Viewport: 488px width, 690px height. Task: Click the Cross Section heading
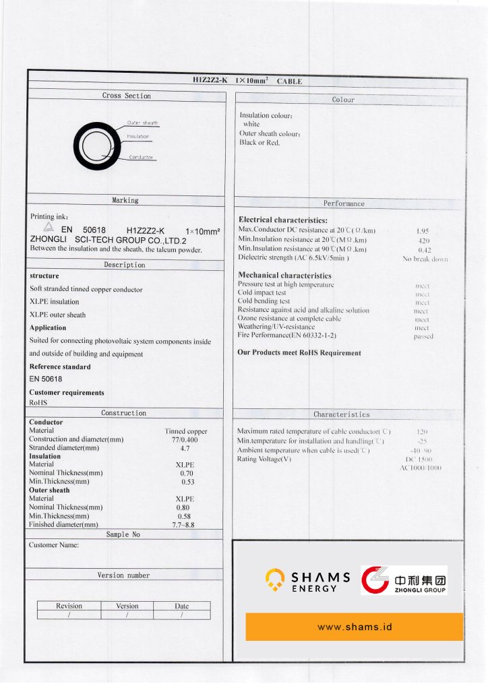(127, 96)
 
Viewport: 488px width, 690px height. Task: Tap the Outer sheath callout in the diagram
(142, 123)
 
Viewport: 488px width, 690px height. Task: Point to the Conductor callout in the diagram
(142, 158)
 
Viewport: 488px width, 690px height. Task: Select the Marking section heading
(125, 200)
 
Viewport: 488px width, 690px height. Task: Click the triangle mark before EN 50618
(48, 229)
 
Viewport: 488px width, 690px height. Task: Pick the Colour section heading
(343, 100)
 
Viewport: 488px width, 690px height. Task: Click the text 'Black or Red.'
(260, 143)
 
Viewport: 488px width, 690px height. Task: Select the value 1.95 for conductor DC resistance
(423, 231)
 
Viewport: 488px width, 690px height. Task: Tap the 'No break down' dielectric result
(425, 259)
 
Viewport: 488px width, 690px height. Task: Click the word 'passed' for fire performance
(423, 336)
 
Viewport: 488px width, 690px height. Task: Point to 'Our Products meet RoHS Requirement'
(299, 353)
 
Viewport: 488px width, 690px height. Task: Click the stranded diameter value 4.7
(185, 448)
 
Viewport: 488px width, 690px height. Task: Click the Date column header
(182, 606)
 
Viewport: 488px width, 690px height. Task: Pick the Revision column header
(69, 606)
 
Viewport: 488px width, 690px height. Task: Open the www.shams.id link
(355, 627)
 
